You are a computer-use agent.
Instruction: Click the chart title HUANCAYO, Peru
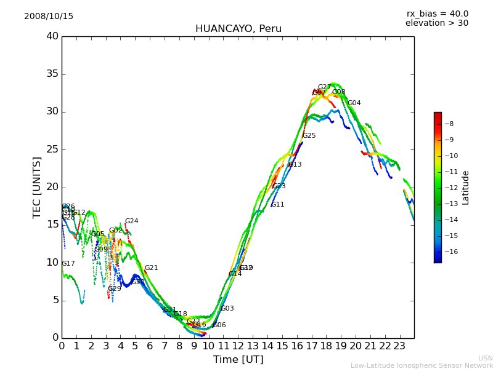(238, 29)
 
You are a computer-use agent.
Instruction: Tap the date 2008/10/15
(49, 17)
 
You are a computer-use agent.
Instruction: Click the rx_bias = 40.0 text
(437, 14)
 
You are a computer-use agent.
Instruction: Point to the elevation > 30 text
(436, 23)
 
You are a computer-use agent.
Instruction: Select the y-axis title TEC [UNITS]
(37, 187)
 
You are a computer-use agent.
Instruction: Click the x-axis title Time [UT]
(238, 360)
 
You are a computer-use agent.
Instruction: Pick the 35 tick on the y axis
(52, 74)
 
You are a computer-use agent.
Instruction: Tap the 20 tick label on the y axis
(52, 188)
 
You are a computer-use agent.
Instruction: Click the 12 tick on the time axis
(238, 346)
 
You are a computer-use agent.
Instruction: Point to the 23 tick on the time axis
(399, 346)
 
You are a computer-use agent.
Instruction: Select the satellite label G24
(131, 221)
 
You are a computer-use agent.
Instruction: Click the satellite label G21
(151, 268)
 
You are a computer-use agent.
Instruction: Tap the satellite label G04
(354, 103)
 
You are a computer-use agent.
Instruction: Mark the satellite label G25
(309, 136)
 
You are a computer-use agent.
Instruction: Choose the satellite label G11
(277, 205)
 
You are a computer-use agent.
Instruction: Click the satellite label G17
(68, 264)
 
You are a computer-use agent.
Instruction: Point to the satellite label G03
(227, 309)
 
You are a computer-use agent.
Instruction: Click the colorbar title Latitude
(466, 188)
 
